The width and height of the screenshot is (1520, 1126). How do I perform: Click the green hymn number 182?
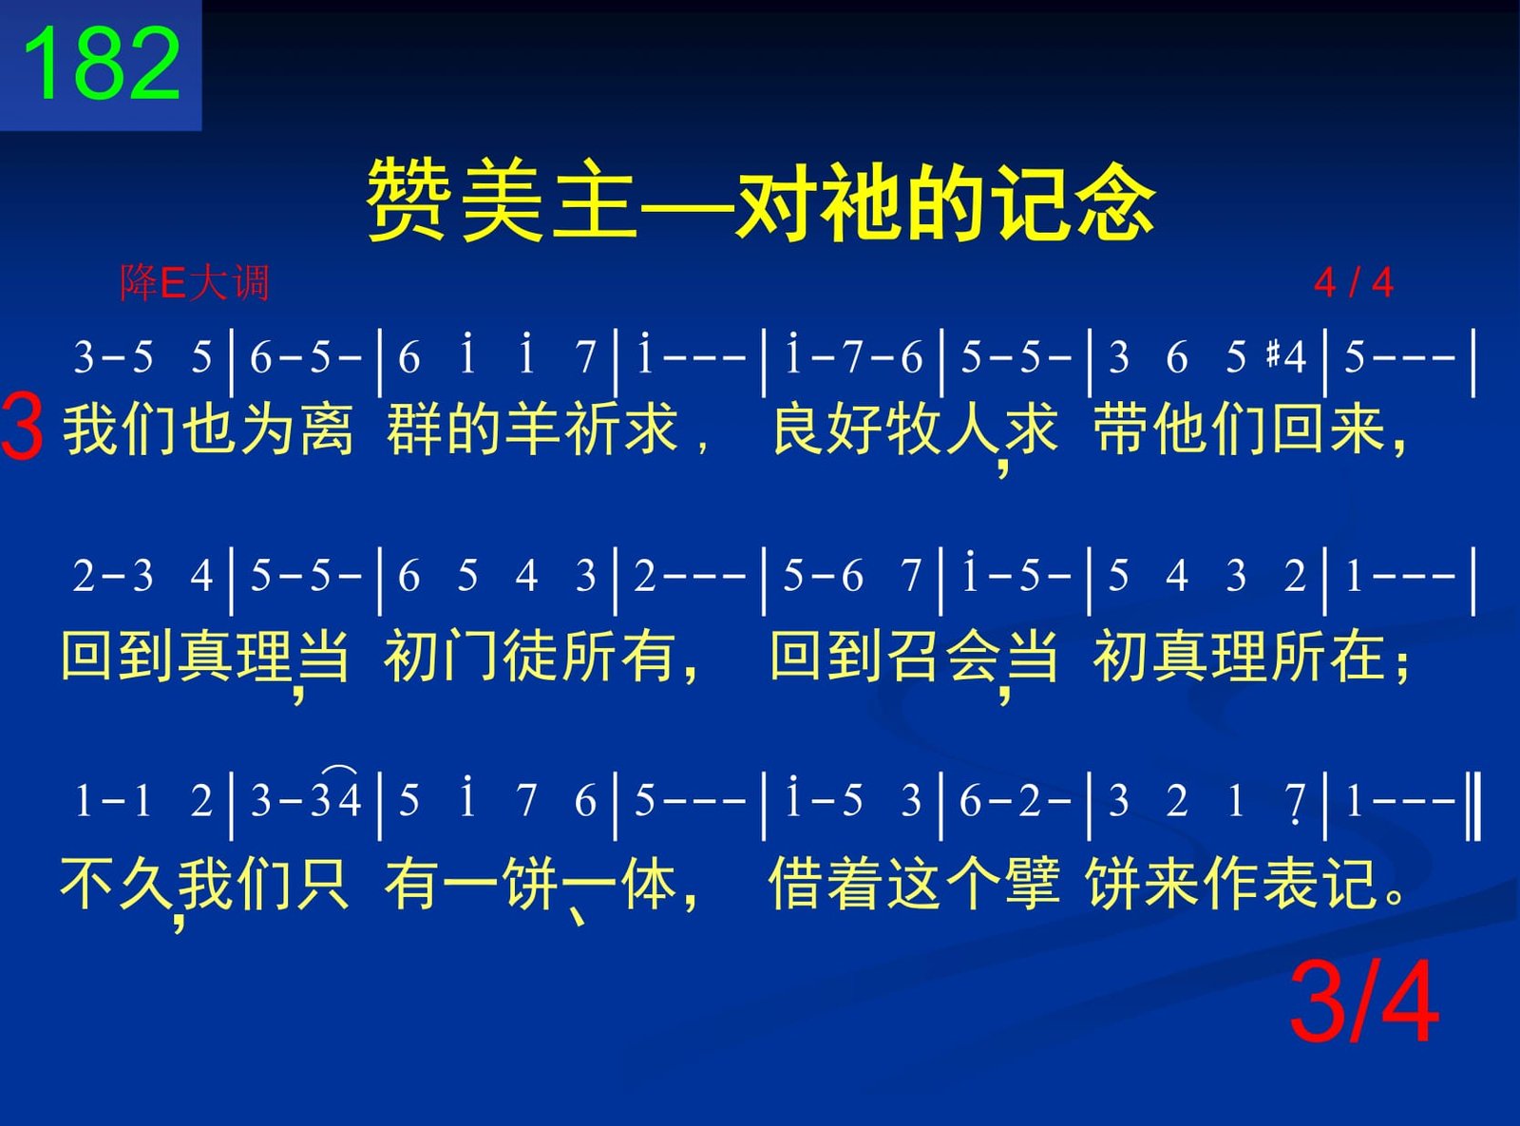(x=102, y=63)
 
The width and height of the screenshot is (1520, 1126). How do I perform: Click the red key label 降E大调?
(x=195, y=282)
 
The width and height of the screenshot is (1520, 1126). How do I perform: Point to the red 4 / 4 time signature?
(x=1354, y=282)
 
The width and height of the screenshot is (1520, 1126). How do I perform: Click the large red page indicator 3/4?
(x=1364, y=1002)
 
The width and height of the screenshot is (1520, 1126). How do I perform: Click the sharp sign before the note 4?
(x=1273, y=353)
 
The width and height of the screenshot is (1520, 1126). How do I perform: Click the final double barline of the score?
(x=1472, y=806)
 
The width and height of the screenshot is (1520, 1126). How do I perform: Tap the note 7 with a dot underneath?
(x=1295, y=802)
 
